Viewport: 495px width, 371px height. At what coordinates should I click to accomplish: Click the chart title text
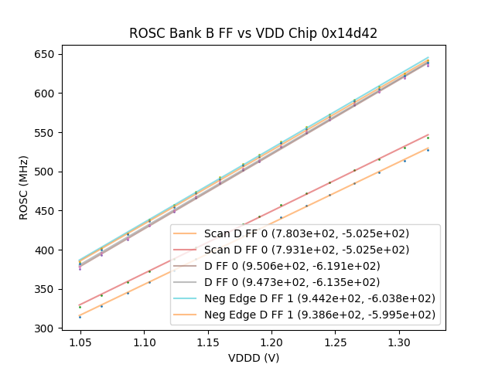point(253,33)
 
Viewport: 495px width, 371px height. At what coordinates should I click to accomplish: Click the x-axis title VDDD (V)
point(253,358)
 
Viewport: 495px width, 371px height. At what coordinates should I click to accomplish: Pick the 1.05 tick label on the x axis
point(80,342)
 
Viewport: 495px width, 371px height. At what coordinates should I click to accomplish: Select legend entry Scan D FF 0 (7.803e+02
point(307,233)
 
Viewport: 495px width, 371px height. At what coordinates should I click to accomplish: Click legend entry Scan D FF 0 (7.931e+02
point(307,249)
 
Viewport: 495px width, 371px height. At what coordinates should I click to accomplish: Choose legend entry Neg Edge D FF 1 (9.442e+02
point(319,298)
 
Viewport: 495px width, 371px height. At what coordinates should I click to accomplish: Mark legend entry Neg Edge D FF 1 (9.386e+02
point(319,315)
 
